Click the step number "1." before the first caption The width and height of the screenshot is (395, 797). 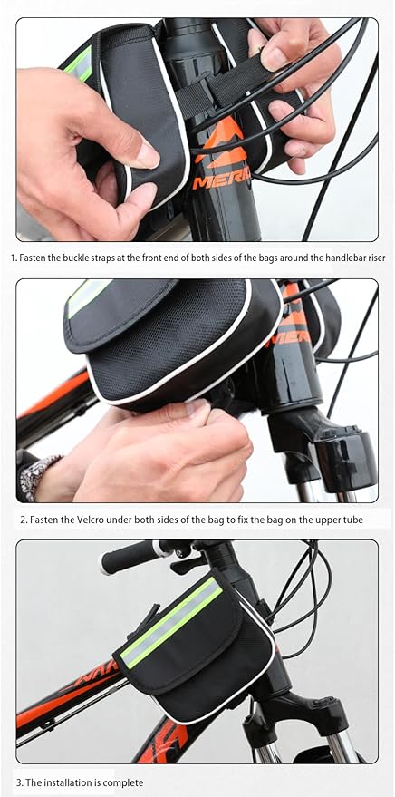click(x=14, y=258)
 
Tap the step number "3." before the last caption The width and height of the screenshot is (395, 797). click(x=19, y=782)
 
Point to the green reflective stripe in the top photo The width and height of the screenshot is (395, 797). click(x=80, y=63)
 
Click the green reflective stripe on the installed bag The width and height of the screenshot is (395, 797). click(x=172, y=623)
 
